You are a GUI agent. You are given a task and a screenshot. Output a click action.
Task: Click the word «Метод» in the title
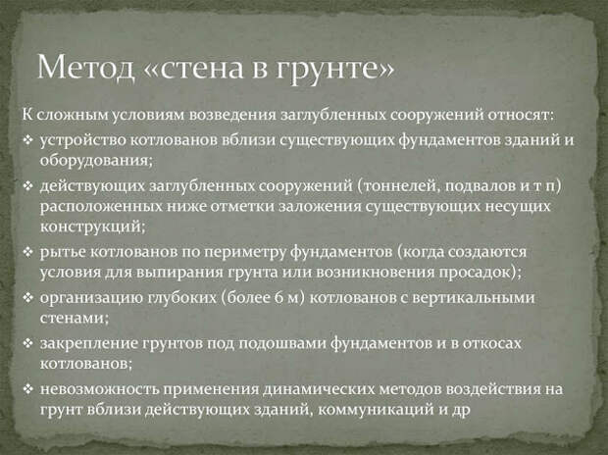pos(85,67)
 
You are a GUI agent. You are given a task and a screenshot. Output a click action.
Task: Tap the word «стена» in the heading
pos(202,69)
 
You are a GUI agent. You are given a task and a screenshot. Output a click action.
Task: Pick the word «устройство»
pos(83,140)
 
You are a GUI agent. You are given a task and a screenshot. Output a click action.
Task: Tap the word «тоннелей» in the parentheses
pos(398,186)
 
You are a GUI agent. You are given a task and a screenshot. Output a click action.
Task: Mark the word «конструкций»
pos(90,227)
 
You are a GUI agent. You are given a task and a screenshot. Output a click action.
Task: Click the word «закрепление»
pos(89,343)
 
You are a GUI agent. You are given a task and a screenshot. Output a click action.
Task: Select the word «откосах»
pos(491,343)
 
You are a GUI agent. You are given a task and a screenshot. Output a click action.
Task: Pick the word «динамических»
pos(319,389)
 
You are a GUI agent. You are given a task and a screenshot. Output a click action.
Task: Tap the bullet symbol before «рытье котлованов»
pos(28,253)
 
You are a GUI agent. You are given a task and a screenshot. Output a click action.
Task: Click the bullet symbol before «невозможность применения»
pos(28,389)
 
